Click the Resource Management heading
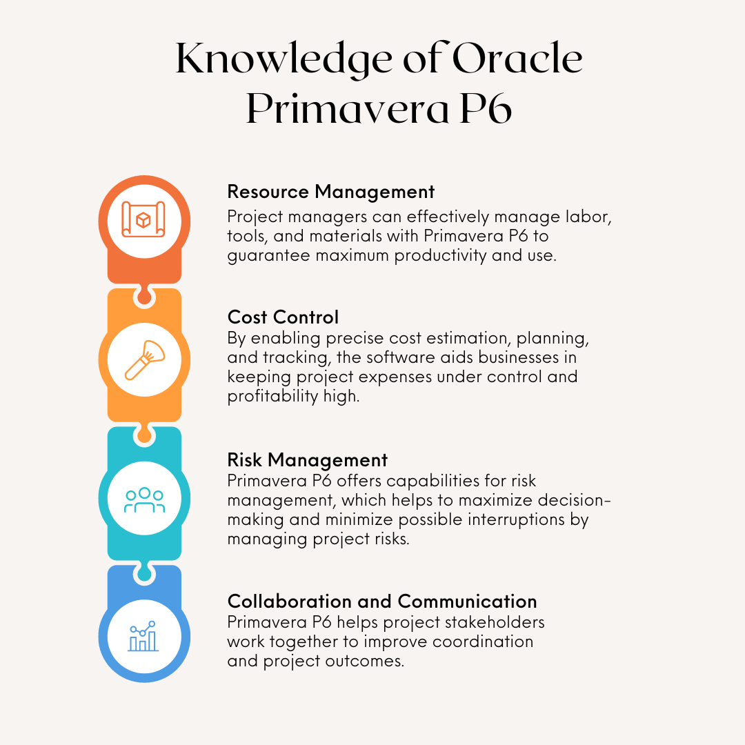pyautogui.click(x=331, y=191)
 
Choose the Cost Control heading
pyautogui.click(x=283, y=317)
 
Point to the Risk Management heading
pyautogui.click(x=308, y=459)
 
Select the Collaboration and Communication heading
pyautogui.click(x=382, y=601)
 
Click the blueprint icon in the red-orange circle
pyautogui.click(x=144, y=220)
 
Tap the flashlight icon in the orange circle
pyautogui.click(x=144, y=359)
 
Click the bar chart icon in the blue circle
pyautogui.click(x=144, y=636)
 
